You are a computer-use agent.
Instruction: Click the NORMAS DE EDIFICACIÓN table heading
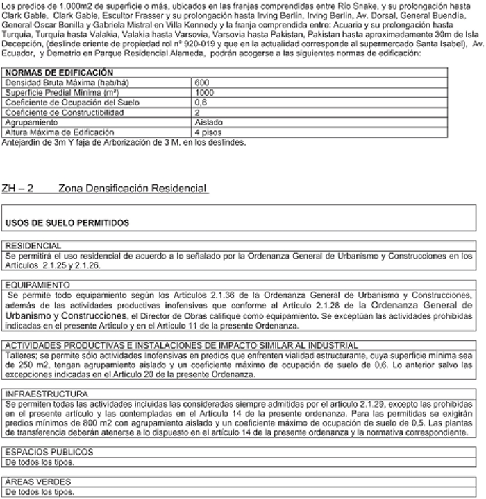pos(58,73)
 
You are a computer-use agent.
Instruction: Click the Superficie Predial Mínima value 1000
pos(205,92)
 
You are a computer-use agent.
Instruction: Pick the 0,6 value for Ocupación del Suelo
pos(201,102)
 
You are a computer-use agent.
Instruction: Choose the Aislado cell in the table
pos(209,121)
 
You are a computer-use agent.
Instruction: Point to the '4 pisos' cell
pos(208,131)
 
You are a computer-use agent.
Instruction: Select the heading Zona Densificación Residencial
pos(133,189)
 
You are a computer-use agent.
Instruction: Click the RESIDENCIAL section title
pos(33,245)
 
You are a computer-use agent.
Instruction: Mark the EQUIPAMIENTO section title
pos(37,285)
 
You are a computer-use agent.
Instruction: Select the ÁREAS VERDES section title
pos(33,482)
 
